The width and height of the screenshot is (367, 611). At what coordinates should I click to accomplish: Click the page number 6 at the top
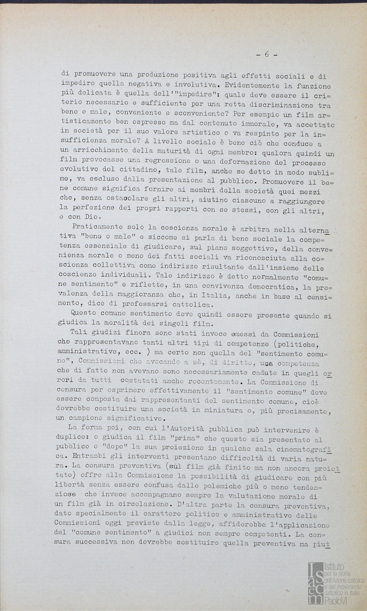tap(267, 54)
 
